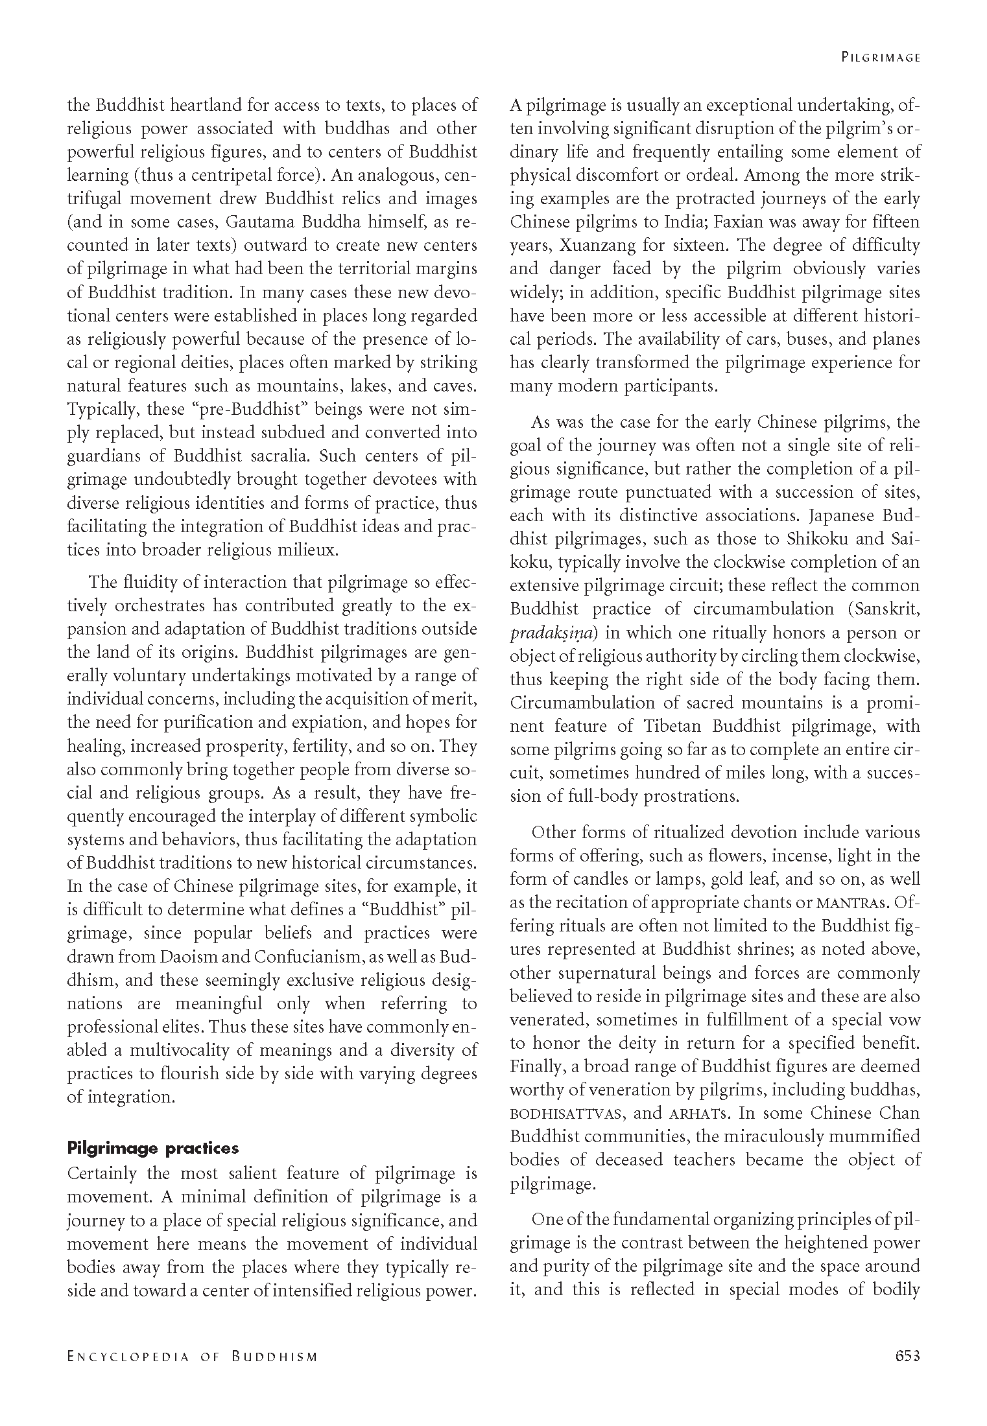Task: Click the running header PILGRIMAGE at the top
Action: (881, 57)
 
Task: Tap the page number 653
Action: (907, 1356)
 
